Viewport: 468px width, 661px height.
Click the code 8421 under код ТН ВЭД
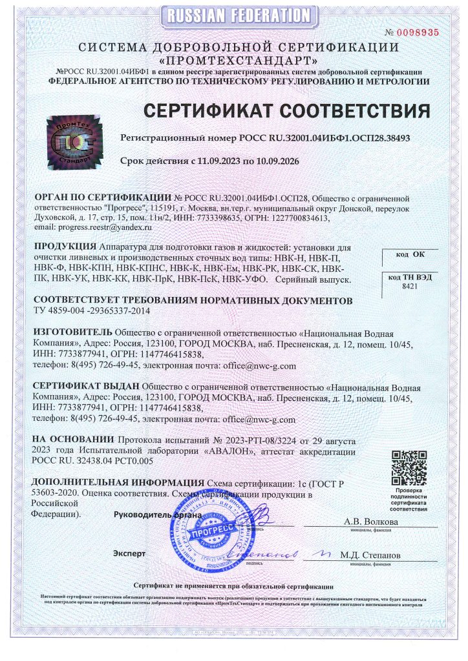tap(410, 285)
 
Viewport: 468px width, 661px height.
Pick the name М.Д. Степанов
tap(371, 555)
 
